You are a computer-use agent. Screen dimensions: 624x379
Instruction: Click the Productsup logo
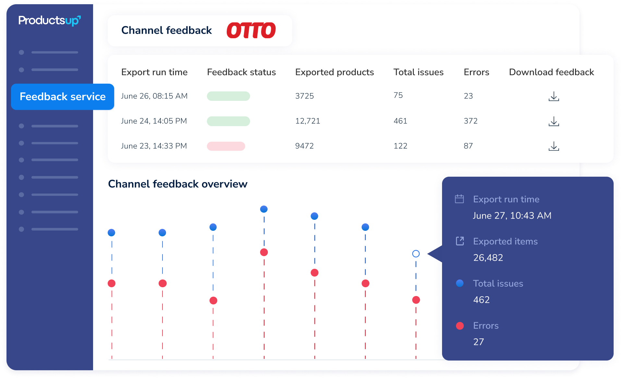pyautogui.click(x=49, y=21)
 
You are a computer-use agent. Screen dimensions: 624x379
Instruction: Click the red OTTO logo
pyautogui.click(x=251, y=30)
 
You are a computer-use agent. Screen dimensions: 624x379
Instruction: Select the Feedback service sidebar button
pyautogui.click(x=63, y=97)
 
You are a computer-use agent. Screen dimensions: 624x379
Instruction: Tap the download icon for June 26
pyautogui.click(x=554, y=96)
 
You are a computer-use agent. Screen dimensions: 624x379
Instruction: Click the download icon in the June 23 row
pyautogui.click(x=554, y=146)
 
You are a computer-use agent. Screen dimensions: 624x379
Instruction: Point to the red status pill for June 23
pyautogui.click(x=226, y=146)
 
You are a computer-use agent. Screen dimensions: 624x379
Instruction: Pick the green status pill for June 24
pyautogui.click(x=228, y=121)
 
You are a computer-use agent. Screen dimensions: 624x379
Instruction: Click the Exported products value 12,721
pyautogui.click(x=307, y=121)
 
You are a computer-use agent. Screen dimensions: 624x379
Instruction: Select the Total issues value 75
pyautogui.click(x=398, y=95)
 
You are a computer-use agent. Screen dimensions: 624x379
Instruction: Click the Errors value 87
pyautogui.click(x=468, y=146)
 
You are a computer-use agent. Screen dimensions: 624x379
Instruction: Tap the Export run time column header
pyautogui.click(x=154, y=72)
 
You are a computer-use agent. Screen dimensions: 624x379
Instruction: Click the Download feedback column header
pyautogui.click(x=551, y=72)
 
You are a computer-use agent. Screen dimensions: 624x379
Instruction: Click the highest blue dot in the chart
pyautogui.click(x=264, y=209)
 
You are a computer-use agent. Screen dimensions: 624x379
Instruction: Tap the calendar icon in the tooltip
pyautogui.click(x=459, y=199)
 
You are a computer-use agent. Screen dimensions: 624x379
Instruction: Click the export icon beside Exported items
pyautogui.click(x=460, y=241)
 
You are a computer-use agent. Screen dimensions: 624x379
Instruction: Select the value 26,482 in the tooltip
pyautogui.click(x=488, y=258)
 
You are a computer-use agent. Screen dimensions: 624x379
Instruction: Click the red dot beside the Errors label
pyautogui.click(x=460, y=326)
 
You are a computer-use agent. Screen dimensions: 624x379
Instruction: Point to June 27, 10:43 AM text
pyautogui.click(x=512, y=216)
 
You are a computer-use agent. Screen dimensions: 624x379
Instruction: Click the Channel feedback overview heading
pyautogui.click(x=178, y=184)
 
